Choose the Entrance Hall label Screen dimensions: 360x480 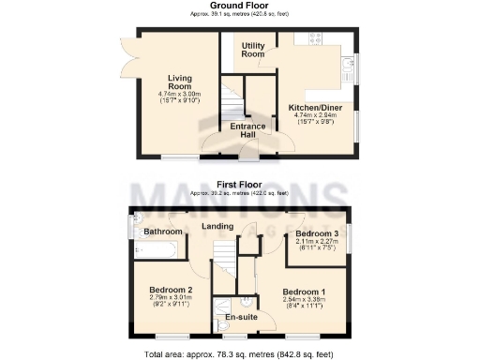coord(247,130)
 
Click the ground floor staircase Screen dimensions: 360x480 coord(231,102)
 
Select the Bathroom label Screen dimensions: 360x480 coord(162,231)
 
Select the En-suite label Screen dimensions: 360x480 coord(242,318)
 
